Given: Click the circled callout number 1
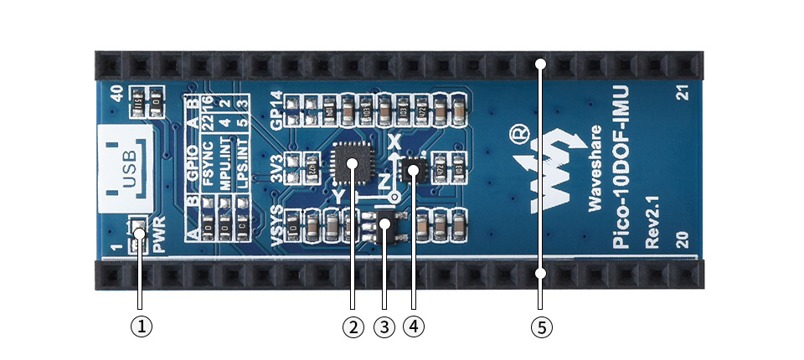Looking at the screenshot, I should coord(142,326).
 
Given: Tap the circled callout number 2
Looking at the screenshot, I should coord(353,326).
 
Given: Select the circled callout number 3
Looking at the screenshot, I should coord(384,326).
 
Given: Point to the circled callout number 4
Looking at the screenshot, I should coord(414,326).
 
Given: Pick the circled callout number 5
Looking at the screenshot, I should coord(542,326).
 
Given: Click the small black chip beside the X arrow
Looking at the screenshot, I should coord(413,171).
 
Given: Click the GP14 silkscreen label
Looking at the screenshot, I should coord(276,108).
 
